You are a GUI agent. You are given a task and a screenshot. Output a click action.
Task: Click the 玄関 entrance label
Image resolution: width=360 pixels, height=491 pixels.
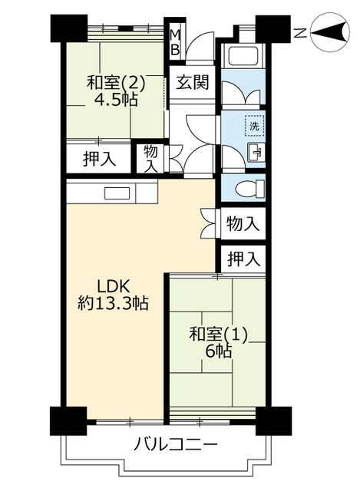pyautogui.click(x=192, y=83)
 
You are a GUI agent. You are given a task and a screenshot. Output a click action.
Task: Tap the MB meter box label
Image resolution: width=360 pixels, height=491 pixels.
pyautogui.click(x=175, y=42)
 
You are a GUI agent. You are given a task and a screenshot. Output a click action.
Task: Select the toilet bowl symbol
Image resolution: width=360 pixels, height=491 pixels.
pyautogui.click(x=249, y=189)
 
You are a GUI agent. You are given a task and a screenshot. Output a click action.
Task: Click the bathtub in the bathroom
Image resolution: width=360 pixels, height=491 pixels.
pyautogui.click(x=243, y=54)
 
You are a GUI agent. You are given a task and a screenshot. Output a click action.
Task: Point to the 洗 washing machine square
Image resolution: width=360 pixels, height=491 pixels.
pyautogui.click(x=254, y=126)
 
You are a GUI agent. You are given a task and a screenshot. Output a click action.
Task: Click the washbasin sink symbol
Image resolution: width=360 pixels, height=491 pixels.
pyautogui.click(x=256, y=152)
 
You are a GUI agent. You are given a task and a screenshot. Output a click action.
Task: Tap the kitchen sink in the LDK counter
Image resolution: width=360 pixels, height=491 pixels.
pyautogui.click(x=117, y=193)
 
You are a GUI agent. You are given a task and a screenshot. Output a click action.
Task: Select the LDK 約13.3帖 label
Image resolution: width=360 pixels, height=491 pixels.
pyautogui.click(x=113, y=295)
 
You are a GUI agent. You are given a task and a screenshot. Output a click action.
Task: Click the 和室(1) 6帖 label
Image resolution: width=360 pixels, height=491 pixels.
pyautogui.click(x=219, y=343)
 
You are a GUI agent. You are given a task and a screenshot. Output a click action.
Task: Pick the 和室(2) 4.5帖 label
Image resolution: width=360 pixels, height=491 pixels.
pyautogui.click(x=116, y=91)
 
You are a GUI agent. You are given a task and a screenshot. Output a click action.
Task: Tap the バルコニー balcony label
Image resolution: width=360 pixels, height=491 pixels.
pyautogui.click(x=175, y=444)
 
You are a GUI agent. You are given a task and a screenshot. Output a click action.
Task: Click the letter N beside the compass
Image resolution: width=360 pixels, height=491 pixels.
pyautogui.click(x=301, y=32)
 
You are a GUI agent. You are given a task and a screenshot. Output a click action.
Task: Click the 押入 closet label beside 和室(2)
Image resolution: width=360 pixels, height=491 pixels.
pyautogui.click(x=99, y=159)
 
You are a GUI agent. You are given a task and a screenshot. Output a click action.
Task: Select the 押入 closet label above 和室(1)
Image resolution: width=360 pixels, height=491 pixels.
pyautogui.click(x=243, y=259)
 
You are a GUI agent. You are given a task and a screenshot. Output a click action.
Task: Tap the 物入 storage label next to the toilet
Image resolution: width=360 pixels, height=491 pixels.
pyautogui.click(x=243, y=224)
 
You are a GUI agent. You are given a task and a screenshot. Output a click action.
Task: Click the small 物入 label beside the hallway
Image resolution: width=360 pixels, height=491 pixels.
pyautogui.click(x=150, y=159)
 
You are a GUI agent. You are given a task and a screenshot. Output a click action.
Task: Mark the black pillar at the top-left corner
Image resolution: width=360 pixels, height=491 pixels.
pyautogui.click(x=69, y=28)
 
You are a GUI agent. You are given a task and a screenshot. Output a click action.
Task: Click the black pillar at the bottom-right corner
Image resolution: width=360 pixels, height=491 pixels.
pyautogui.click(x=273, y=421)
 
